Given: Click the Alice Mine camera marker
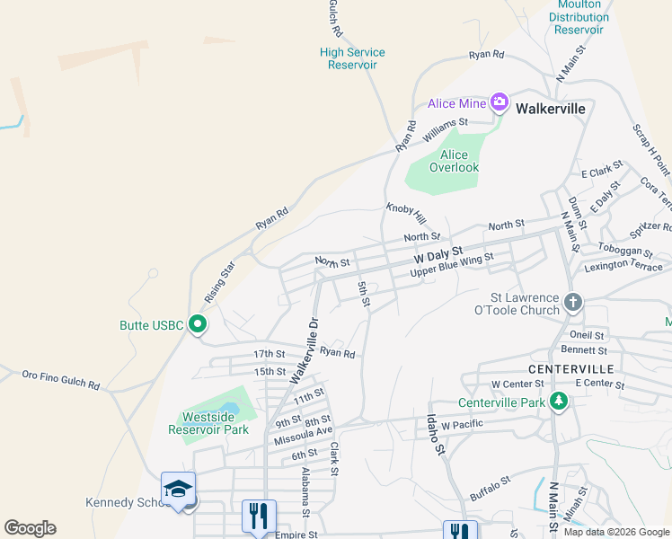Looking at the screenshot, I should (x=500, y=103).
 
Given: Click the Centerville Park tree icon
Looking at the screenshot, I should (x=559, y=401).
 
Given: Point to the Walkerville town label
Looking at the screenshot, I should (x=551, y=108).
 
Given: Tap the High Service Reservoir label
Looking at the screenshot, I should (x=352, y=58).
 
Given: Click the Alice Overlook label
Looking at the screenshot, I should (x=454, y=161).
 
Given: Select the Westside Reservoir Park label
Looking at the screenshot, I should (x=208, y=423).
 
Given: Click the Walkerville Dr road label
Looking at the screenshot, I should (x=305, y=350).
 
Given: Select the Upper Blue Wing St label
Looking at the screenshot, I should (x=451, y=265).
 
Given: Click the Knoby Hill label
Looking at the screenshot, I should (x=405, y=213).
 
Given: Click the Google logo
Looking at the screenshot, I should (x=30, y=528).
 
